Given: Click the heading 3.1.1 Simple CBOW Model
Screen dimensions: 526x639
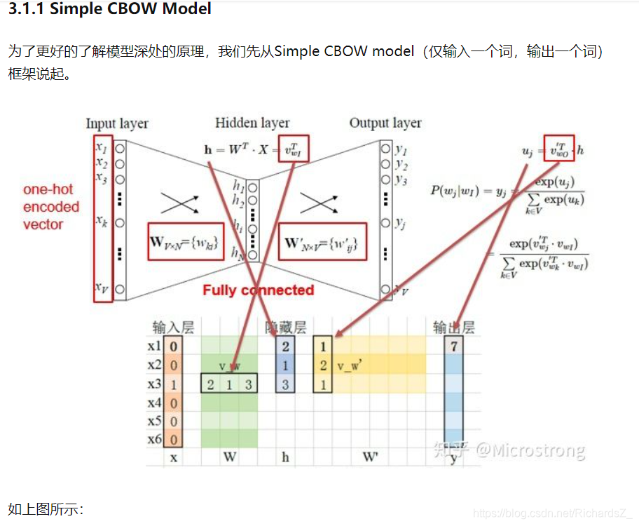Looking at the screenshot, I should click(x=109, y=10).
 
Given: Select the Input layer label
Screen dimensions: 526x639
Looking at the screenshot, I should click(x=117, y=123).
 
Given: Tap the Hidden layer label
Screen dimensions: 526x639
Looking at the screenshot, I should click(x=252, y=123).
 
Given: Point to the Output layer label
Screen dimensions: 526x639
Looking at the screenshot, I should click(x=385, y=123).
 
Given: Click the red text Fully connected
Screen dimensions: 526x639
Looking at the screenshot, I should click(x=259, y=290).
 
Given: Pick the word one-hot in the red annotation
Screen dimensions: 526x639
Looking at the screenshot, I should click(x=48, y=189).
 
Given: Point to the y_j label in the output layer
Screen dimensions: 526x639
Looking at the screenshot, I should click(x=400, y=223).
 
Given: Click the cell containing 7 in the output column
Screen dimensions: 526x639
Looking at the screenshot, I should click(x=454, y=346).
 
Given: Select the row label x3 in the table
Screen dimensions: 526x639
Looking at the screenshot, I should click(x=154, y=384).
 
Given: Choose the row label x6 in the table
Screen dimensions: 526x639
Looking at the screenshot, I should click(x=154, y=440).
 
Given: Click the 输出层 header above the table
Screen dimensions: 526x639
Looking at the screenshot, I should click(x=454, y=328).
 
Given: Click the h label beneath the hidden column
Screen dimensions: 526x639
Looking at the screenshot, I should click(x=285, y=457).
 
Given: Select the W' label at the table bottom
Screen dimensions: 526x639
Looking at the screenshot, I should click(x=370, y=457).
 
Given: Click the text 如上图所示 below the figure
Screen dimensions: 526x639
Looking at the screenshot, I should click(x=46, y=508).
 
